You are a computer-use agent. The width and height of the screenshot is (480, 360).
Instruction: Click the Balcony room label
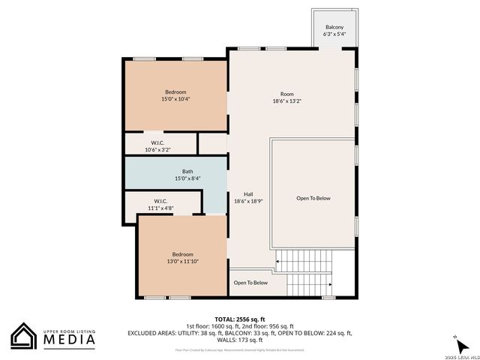[x=334, y=27]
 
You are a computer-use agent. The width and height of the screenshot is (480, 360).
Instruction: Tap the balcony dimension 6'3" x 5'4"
[x=334, y=34]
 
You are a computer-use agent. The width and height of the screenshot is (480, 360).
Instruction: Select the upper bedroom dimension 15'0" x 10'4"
[x=175, y=99]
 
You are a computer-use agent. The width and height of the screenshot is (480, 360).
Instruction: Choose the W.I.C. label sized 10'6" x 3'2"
[x=157, y=142]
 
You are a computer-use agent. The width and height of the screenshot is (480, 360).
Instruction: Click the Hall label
[x=248, y=194]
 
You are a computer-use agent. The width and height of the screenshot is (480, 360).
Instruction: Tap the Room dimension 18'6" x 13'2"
[x=287, y=101]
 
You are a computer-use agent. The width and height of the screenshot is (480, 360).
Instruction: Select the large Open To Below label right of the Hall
[x=313, y=198]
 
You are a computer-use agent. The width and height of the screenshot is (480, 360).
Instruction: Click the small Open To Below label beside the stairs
[x=250, y=283]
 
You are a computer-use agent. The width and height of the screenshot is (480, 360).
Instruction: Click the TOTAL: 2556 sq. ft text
[x=240, y=318]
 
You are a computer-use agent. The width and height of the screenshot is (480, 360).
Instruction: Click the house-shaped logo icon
[x=25, y=336]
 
